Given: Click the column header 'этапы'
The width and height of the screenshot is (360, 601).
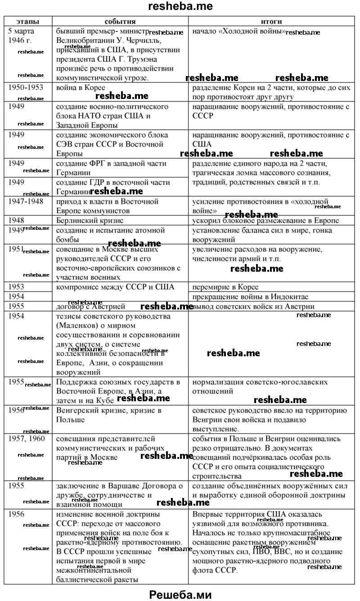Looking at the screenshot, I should click(x=28, y=21).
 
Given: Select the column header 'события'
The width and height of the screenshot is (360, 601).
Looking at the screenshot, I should click(x=120, y=21).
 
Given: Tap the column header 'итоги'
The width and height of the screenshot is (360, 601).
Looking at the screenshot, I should click(x=271, y=21).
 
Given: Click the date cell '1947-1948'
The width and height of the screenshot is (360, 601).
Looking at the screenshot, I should click(x=26, y=201).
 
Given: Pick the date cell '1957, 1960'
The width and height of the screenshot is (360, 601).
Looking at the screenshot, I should click(x=27, y=438).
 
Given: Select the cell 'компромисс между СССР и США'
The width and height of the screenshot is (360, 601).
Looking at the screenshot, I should click(x=115, y=287).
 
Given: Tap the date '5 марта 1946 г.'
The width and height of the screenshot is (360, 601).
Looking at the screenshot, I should click(x=24, y=36).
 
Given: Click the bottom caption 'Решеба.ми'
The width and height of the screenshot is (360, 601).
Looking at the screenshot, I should click(x=180, y=594).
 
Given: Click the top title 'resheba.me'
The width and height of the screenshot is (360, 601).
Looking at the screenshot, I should click(x=180, y=6).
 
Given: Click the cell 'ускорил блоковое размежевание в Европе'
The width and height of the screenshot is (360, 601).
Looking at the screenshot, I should click(x=265, y=220).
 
